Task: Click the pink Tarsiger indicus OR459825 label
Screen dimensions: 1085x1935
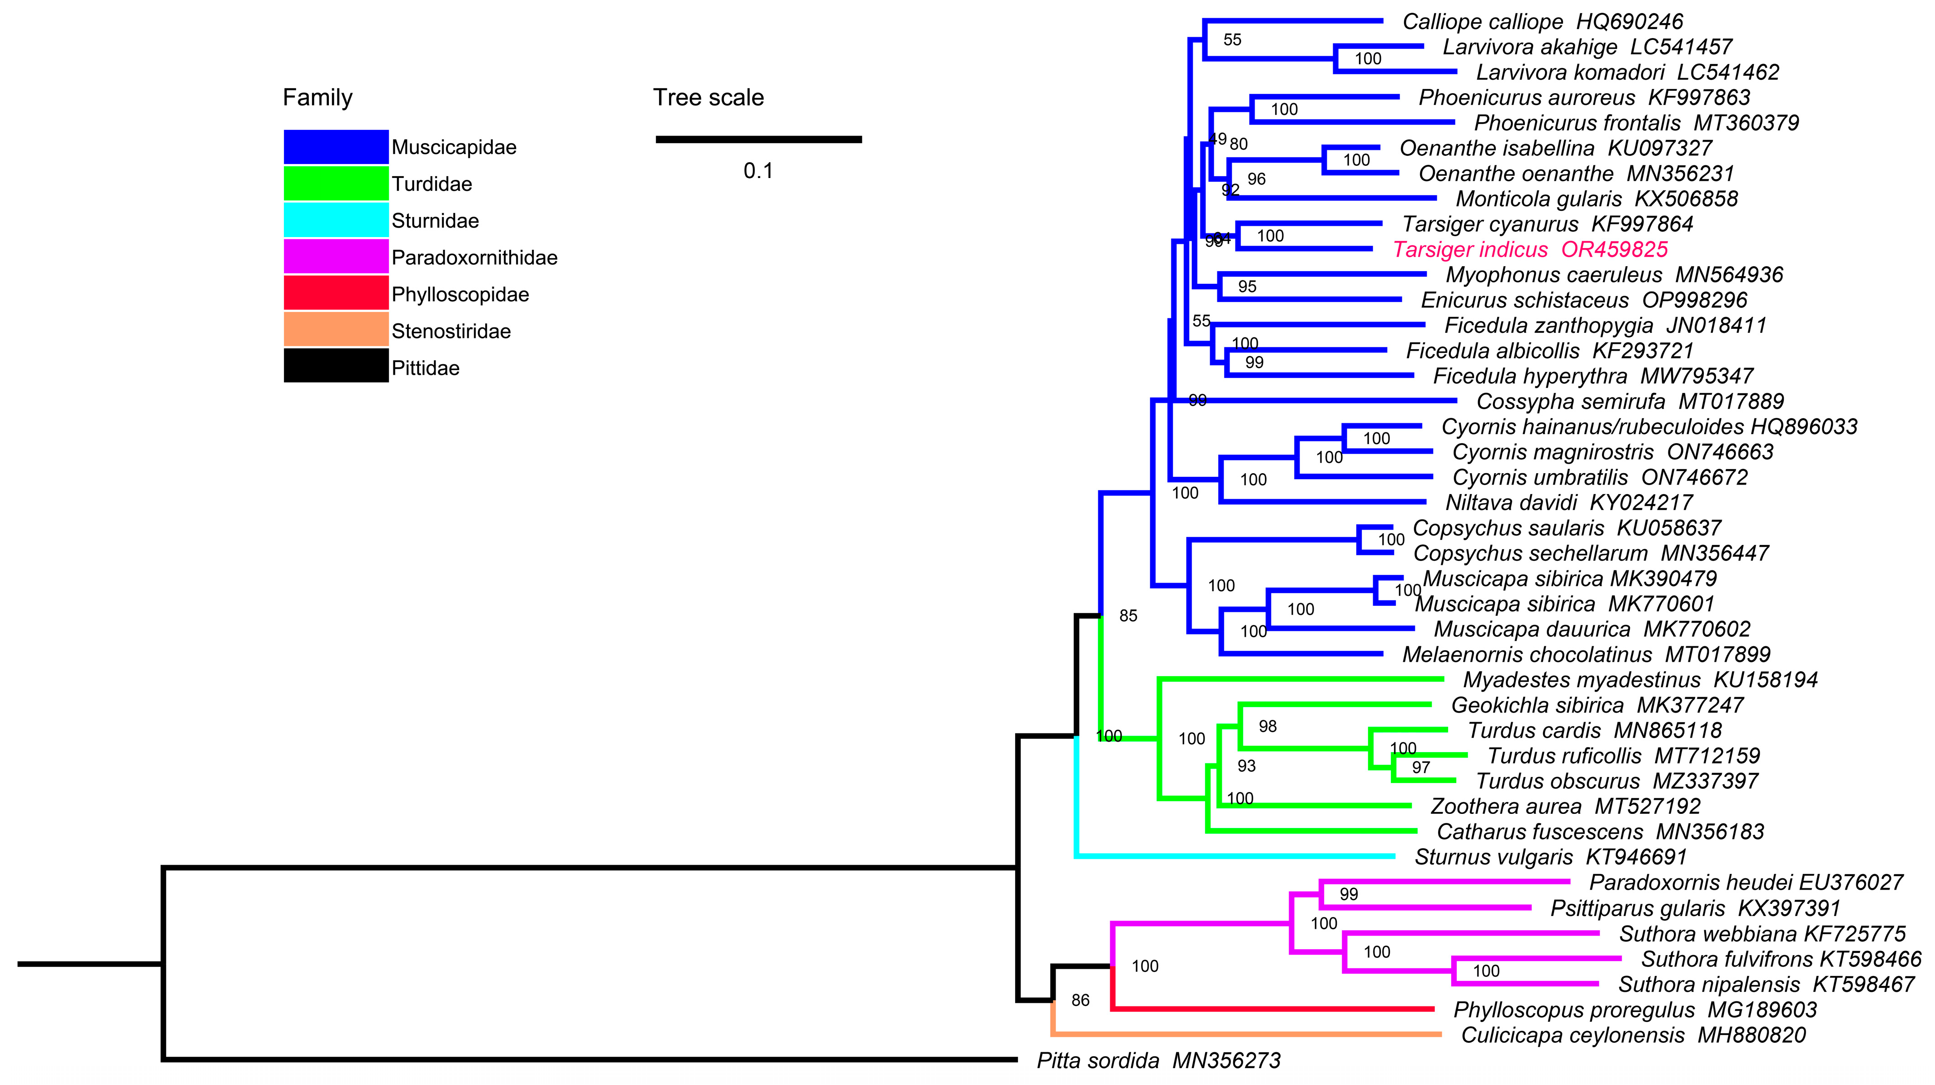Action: tap(1530, 249)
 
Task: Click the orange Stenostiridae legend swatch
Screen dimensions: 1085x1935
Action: tap(336, 330)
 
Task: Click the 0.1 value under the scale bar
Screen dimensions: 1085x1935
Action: tap(758, 171)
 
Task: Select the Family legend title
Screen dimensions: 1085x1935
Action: tap(317, 98)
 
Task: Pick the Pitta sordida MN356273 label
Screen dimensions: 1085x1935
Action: tap(1158, 1060)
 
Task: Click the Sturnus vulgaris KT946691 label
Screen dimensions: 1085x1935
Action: tap(1550, 857)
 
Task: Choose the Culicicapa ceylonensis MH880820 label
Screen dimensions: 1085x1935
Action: tap(1633, 1035)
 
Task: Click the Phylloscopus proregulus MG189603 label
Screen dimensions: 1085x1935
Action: tap(1635, 1010)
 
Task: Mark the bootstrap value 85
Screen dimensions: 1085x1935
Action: tap(1128, 616)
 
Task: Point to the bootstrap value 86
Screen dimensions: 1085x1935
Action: tap(1080, 1000)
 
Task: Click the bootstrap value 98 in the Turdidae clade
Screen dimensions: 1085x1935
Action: tap(1267, 726)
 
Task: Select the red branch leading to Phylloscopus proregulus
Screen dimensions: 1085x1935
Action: tap(1277, 1009)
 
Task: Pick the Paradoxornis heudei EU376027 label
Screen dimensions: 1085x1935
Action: tap(1745, 882)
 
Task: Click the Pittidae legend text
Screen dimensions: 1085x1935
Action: tap(425, 368)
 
